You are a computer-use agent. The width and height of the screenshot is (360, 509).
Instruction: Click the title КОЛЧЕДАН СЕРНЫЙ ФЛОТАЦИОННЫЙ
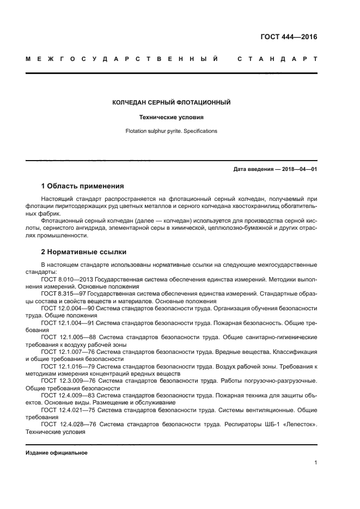(171, 102)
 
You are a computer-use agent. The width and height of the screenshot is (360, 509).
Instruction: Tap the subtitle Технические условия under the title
(171, 117)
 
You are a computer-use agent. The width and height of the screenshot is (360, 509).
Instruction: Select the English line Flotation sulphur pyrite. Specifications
(171, 131)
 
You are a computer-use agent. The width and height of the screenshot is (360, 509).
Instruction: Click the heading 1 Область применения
(82, 186)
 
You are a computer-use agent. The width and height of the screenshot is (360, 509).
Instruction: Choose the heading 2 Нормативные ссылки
(84, 252)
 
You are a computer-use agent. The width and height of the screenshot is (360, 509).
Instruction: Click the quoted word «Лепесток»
(298, 426)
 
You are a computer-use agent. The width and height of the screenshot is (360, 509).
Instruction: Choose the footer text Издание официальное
(56, 453)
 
